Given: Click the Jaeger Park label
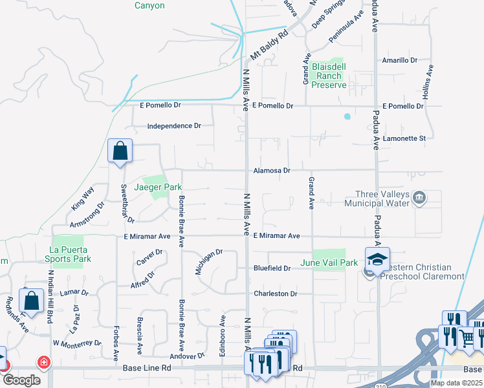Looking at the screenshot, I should pyautogui.click(x=159, y=187).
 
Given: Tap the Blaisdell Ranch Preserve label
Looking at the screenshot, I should pyautogui.click(x=329, y=76).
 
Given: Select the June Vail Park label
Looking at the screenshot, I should pyautogui.click(x=329, y=263).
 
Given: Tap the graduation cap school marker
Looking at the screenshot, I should pyautogui.click(x=377, y=259).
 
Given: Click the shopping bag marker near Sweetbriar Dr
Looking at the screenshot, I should pyautogui.click(x=120, y=152).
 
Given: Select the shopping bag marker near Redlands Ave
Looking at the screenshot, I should pyautogui.click(x=31, y=301).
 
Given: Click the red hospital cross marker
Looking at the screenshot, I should pyautogui.click(x=44, y=362).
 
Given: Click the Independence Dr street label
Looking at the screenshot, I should pyautogui.click(x=170, y=126).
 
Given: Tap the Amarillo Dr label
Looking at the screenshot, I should pyautogui.click(x=400, y=60).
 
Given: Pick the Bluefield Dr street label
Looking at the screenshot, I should pyautogui.click(x=272, y=268).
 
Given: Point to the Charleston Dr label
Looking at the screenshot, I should pyautogui.click(x=275, y=294).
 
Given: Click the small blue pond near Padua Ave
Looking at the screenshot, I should pyautogui.click(x=347, y=117).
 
